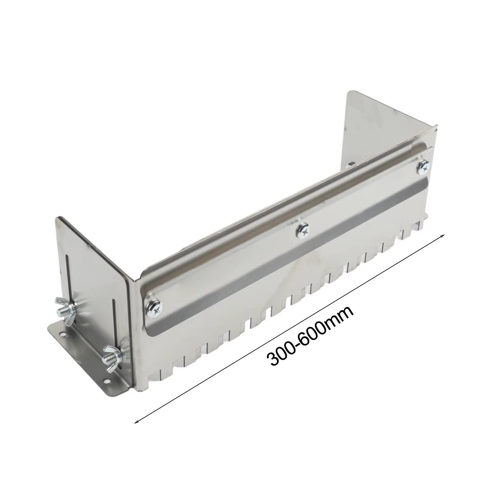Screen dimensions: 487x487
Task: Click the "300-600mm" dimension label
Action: click(310, 336)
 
